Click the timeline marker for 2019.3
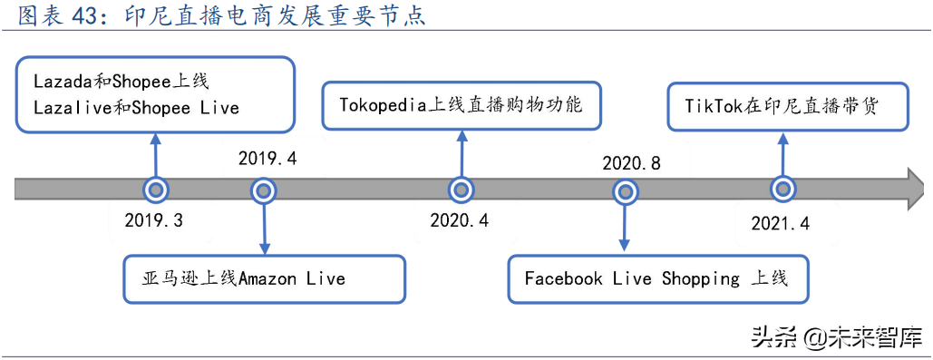156,190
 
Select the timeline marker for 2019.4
264,190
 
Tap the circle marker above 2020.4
462,190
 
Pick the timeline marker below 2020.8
625,190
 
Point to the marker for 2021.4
783,190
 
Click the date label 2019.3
153,220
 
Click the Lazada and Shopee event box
156,94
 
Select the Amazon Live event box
264,278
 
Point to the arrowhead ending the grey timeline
917,190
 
